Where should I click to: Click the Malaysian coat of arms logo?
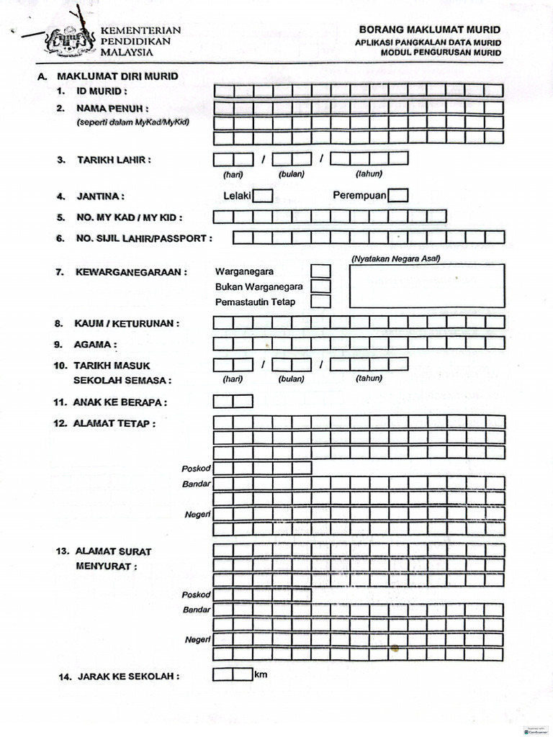click(70, 40)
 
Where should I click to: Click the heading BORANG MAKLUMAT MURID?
click(430, 30)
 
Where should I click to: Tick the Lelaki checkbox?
click(263, 195)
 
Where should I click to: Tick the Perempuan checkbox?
click(398, 195)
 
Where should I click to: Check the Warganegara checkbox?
click(320, 271)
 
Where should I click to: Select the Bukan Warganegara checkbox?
click(320, 286)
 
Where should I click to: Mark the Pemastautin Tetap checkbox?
click(320, 302)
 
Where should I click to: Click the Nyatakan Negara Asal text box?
click(427, 286)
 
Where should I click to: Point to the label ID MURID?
click(102, 91)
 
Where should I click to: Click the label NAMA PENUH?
click(112, 109)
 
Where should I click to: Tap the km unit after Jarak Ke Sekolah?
click(261, 674)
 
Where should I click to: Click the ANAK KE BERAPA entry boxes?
click(233, 402)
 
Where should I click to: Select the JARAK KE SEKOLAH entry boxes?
click(233, 675)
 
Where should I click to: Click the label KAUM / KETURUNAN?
click(126, 324)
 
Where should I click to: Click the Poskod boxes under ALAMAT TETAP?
click(263, 469)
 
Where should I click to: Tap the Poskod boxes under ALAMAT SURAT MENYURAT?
click(263, 595)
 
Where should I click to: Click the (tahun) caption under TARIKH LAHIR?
click(369, 173)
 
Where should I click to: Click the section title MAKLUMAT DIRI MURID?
click(117, 76)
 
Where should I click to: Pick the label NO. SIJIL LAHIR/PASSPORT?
click(143, 238)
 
